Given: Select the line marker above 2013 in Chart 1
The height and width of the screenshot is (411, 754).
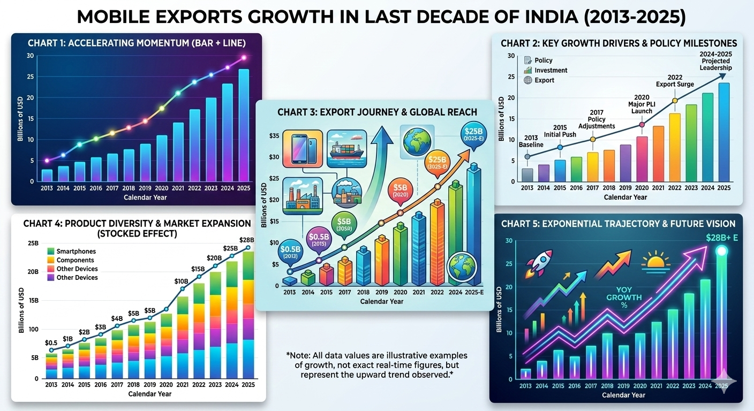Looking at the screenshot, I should pos(47,161).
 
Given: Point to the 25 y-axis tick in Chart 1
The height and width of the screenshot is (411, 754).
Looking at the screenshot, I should pos(30,77).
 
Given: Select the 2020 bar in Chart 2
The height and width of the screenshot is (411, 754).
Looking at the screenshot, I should pos(642,159).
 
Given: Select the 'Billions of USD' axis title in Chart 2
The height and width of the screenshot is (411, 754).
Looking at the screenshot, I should pos(501,118).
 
